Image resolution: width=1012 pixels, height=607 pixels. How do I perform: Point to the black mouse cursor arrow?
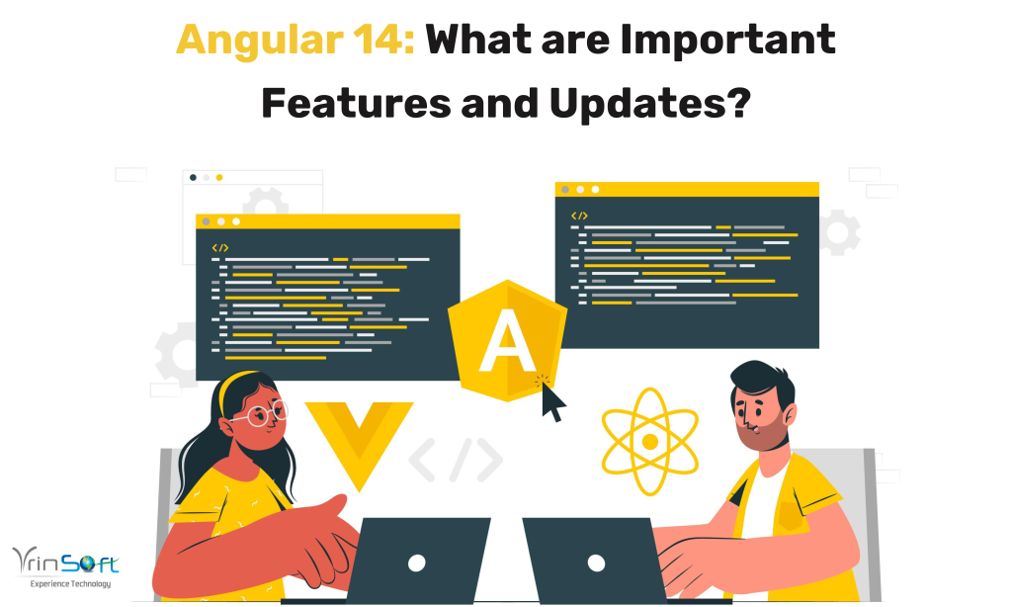[x=551, y=398]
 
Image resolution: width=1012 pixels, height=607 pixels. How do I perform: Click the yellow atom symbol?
[x=649, y=441]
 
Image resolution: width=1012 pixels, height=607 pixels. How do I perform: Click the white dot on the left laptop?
[x=416, y=563]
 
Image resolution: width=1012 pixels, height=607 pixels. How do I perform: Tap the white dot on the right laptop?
[x=596, y=563]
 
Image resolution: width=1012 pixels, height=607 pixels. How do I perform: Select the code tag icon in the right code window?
[x=579, y=216]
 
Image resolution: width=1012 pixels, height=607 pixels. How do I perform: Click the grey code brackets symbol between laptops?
[x=456, y=458]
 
